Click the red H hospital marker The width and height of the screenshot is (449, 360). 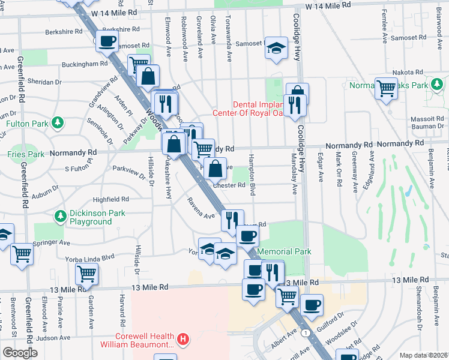[x=183, y=340]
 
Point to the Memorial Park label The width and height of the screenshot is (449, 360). [x=284, y=251]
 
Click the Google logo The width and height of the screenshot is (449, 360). [x=20, y=353]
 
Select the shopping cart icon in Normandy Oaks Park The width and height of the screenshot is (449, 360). [x=386, y=88]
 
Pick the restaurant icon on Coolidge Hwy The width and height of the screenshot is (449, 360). [x=294, y=104]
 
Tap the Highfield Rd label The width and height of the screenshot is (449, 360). [x=110, y=199]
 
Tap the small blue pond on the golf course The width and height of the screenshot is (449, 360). [x=408, y=192]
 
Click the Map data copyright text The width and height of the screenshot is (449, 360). [x=424, y=355]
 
